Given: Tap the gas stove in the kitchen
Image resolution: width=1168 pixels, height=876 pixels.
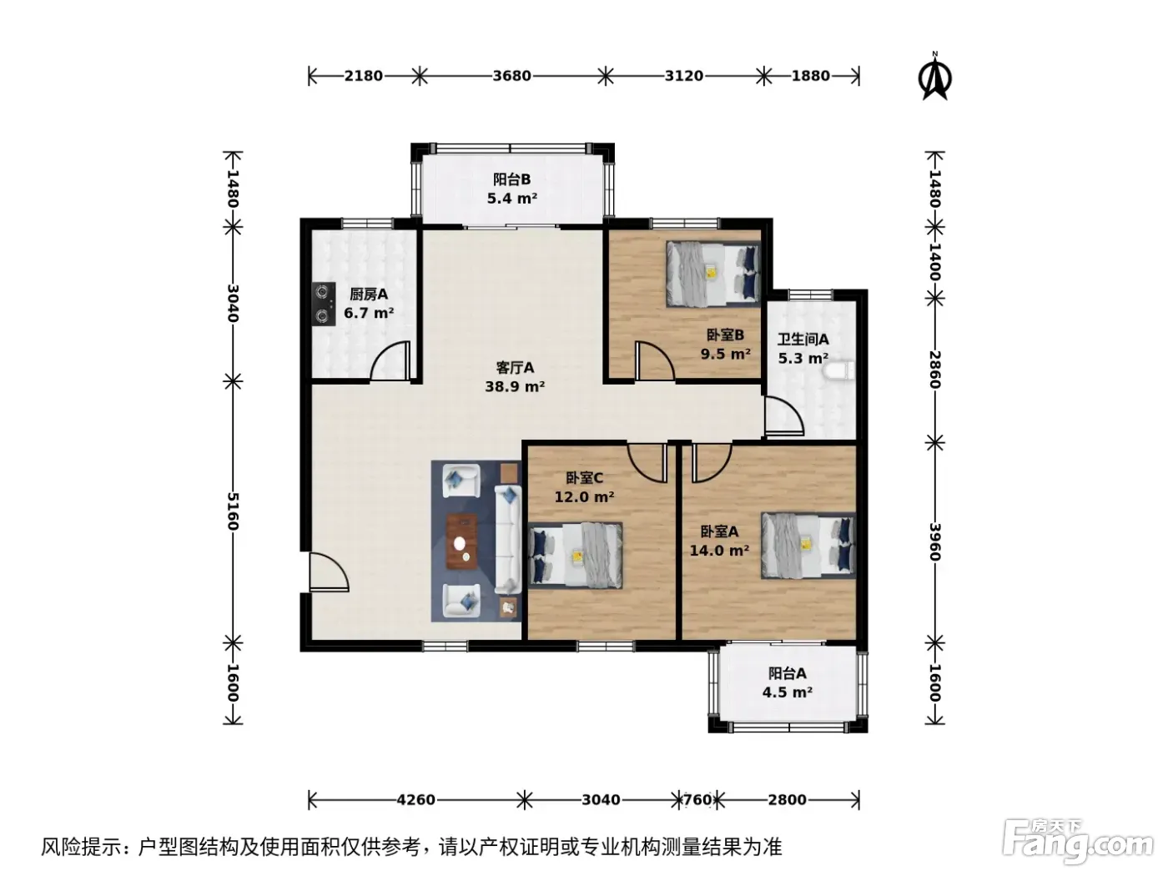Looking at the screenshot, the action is (x=324, y=304).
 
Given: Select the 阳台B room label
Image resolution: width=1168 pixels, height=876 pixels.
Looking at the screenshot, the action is (x=511, y=179).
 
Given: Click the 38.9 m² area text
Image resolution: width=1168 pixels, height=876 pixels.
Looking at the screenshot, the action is (x=515, y=386).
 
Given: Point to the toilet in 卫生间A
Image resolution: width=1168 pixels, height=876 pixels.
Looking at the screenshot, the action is (x=838, y=370).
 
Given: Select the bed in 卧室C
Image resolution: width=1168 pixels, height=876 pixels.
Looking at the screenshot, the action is (x=575, y=556).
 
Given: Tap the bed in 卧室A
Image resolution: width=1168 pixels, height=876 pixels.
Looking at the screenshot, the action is (x=808, y=545).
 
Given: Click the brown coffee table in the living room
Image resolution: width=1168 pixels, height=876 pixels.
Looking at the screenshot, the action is (x=461, y=541).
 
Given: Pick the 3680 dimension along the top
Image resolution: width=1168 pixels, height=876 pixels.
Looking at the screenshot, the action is (x=511, y=76).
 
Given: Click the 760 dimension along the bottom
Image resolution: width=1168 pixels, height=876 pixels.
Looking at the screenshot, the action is (x=697, y=800).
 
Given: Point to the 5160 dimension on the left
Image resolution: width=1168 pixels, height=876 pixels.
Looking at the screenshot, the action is (x=234, y=511).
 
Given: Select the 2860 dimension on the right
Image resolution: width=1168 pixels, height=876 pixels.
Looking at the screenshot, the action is (x=935, y=370).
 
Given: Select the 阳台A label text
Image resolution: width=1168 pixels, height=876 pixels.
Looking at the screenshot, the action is (x=787, y=673).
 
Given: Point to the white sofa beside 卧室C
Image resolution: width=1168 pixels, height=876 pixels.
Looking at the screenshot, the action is (x=508, y=539).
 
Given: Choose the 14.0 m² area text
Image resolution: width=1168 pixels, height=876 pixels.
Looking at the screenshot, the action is (x=719, y=550).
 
